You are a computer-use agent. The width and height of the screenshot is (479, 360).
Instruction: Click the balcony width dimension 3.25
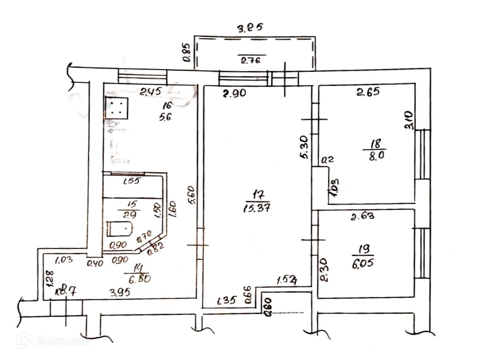[x=250, y=29]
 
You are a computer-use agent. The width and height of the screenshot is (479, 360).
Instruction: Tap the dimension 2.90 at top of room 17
[x=237, y=93]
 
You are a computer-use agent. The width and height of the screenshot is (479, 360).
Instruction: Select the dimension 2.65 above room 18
[x=368, y=92]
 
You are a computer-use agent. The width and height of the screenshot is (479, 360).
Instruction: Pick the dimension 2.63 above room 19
[x=362, y=216]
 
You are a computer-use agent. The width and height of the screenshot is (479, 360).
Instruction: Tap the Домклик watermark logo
[x=53, y=341]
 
